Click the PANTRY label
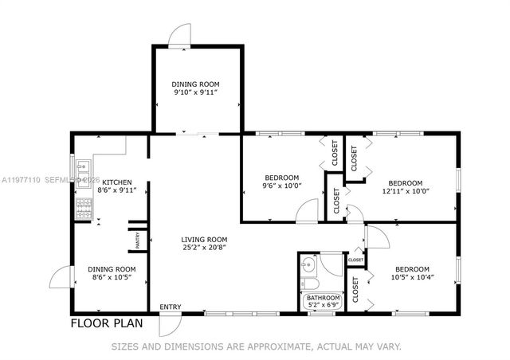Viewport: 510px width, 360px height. [x=137, y=240]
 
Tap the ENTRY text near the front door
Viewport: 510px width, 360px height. [x=170, y=307]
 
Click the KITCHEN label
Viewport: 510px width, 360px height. [x=117, y=182]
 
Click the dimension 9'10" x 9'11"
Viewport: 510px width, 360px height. [x=195, y=92]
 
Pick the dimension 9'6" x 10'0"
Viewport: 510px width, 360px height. [x=281, y=186]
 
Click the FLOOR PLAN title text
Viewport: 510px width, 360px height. [x=106, y=323]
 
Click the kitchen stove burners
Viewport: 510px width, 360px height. [x=83, y=208]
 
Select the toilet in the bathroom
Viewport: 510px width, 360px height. [x=312, y=284]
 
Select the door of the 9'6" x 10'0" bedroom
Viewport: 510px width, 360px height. [x=306, y=212]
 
